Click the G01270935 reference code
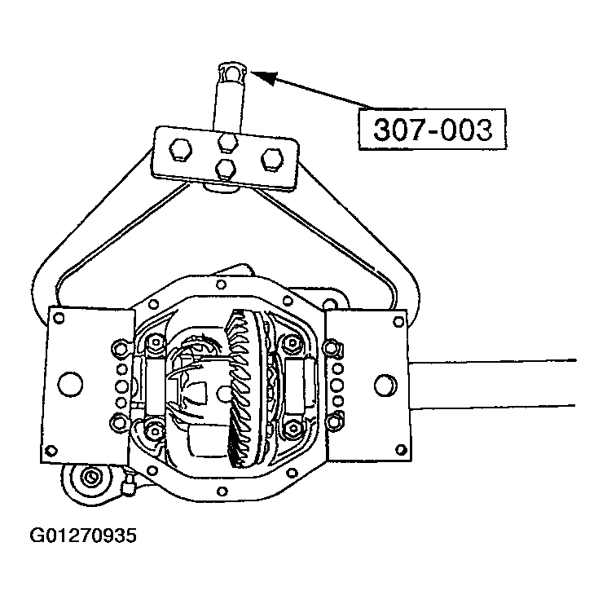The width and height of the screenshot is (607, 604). coord(83,536)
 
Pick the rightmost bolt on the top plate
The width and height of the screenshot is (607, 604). coord(271,157)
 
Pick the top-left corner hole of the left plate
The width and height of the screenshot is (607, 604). coord(57,319)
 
